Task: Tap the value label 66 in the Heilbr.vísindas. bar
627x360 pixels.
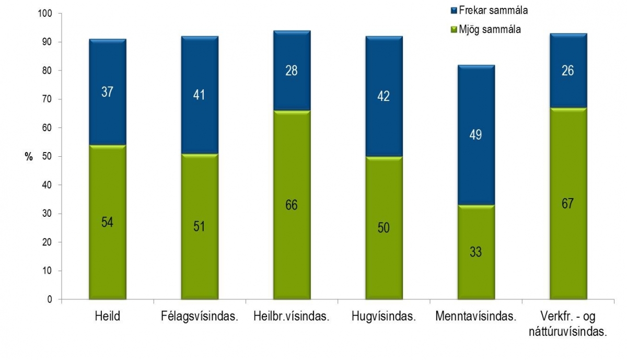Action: click(292, 205)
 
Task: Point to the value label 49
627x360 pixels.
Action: click(476, 135)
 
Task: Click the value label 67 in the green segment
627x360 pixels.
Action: click(568, 204)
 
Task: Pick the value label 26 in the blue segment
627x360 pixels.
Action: click(568, 71)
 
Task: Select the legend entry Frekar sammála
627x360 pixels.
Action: click(493, 10)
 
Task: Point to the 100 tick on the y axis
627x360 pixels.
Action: click(46, 14)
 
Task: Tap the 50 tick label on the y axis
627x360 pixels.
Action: click(48, 156)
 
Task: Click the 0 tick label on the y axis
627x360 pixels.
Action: click(50, 299)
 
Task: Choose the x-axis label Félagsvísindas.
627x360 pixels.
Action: click(199, 317)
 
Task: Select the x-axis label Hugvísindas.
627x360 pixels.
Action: click(384, 317)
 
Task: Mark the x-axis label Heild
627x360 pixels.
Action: click(107, 317)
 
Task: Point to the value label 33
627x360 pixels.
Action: click(476, 252)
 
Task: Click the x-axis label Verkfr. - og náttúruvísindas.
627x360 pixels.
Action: click(568, 324)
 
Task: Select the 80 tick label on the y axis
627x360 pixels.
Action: click(48, 71)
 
